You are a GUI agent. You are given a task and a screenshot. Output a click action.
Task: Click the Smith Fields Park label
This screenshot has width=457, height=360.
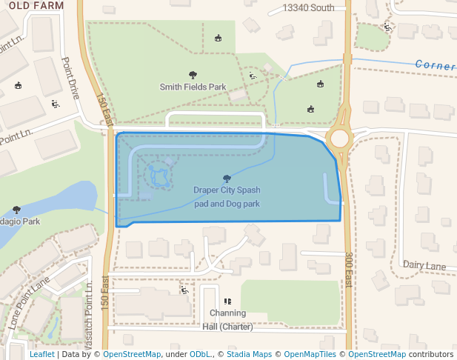[193, 87]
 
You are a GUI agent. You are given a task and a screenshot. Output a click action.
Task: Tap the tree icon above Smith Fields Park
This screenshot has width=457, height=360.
[193, 75]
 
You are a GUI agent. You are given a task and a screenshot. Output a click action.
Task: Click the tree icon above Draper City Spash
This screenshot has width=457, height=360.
[226, 179]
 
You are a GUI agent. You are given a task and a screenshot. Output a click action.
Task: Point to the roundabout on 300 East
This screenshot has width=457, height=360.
[340, 139]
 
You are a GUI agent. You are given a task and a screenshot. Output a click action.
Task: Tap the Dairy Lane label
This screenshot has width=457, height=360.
[424, 264]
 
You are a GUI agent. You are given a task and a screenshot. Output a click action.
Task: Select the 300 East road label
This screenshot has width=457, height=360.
[349, 270]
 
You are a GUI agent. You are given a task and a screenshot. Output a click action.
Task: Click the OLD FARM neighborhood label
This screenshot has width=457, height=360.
[32, 5]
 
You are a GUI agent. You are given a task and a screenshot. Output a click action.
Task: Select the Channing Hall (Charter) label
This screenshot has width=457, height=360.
[227, 319]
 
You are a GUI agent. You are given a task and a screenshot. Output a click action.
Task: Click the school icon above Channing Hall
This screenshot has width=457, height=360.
[227, 301]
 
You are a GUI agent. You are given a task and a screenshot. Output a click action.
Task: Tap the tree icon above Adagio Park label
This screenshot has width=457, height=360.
[17, 210]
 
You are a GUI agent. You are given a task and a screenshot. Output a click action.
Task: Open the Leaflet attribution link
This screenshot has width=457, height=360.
[41, 354]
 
